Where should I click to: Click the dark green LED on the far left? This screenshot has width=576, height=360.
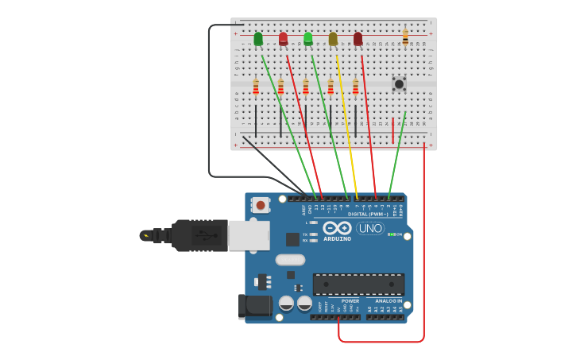click(x=258, y=38)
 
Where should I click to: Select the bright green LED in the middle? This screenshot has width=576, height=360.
click(x=308, y=38)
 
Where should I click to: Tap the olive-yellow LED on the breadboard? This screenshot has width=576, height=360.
click(x=333, y=38)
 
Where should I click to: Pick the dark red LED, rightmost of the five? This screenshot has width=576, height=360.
click(x=358, y=38)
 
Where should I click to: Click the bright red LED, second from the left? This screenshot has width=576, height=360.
click(x=283, y=38)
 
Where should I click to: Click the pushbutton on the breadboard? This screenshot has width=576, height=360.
click(x=399, y=83)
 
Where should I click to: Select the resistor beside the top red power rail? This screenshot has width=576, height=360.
click(x=405, y=37)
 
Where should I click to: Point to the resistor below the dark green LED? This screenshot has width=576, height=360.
click(x=256, y=87)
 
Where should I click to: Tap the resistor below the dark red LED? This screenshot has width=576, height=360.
click(x=355, y=87)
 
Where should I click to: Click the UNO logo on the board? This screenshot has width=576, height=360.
click(x=369, y=228)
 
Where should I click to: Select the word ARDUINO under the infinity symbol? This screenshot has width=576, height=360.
click(x=338, y=238)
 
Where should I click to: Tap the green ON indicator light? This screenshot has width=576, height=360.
click(x=390, y=234)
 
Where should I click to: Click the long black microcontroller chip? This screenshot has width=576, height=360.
click(x=358, y=284)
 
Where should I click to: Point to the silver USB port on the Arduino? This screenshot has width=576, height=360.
click(x=248, y=235)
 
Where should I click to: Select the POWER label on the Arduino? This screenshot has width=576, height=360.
click(x=350, y=301)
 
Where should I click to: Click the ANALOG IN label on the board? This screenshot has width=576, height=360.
click(x=389, y=301)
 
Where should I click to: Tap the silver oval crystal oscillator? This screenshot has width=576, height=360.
click(x=290, y=259)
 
